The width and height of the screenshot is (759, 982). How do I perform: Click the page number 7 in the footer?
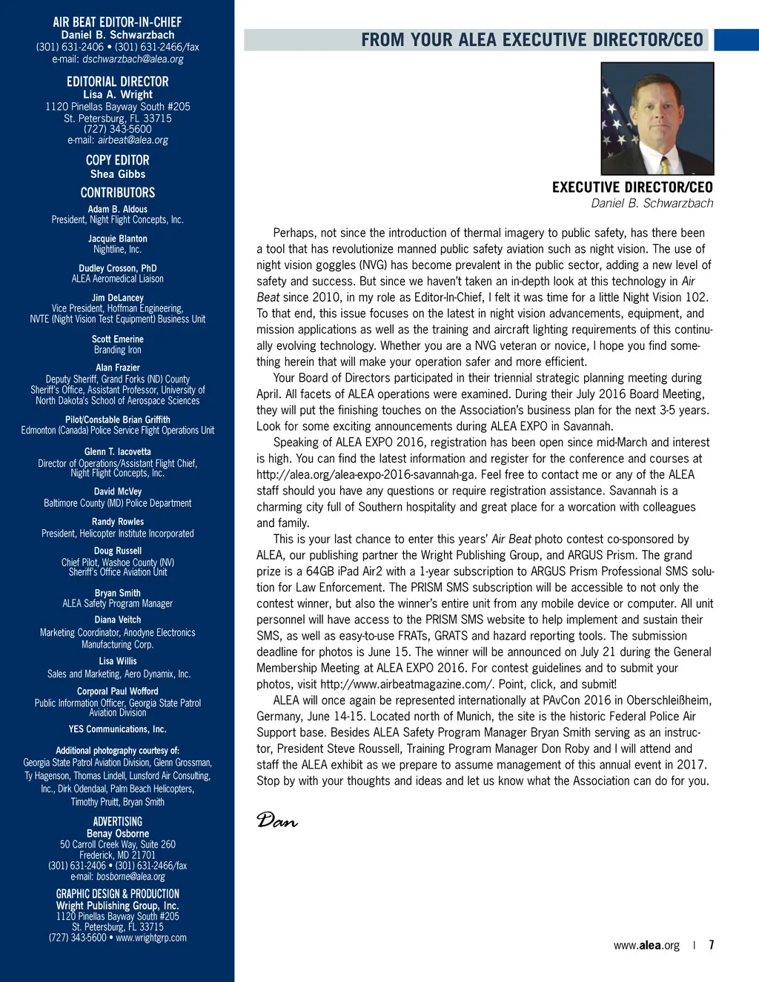point(712,945)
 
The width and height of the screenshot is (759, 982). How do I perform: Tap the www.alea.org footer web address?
point(646,946)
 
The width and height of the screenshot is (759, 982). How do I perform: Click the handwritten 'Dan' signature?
point(276,820)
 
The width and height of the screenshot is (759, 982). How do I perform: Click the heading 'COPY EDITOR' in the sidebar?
point(118,160)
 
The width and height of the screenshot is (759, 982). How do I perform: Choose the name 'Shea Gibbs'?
point(118,174)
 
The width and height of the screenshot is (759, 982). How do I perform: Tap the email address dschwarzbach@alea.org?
point(133,59)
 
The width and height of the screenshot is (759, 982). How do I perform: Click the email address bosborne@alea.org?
point(130,877)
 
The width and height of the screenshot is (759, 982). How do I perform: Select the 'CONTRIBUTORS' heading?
point(118,193)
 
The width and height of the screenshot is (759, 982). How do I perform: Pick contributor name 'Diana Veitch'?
point(118,620)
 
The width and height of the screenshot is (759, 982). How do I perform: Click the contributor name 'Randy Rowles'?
point(118,522)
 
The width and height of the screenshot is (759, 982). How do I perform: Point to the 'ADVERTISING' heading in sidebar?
point(118,821)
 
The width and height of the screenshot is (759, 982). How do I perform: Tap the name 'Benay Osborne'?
point(118,834)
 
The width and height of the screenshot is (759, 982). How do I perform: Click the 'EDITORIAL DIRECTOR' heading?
point(118,82)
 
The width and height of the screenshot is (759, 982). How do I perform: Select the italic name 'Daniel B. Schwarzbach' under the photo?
point(652,203)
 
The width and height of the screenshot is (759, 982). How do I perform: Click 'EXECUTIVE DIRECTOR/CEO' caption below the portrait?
point(632,188)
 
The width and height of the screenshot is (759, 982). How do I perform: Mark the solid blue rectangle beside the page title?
point(736,40)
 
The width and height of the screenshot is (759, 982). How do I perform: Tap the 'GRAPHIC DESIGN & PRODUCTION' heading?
point(118,894)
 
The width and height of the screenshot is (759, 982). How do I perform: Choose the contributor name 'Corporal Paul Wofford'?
point(118,691)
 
